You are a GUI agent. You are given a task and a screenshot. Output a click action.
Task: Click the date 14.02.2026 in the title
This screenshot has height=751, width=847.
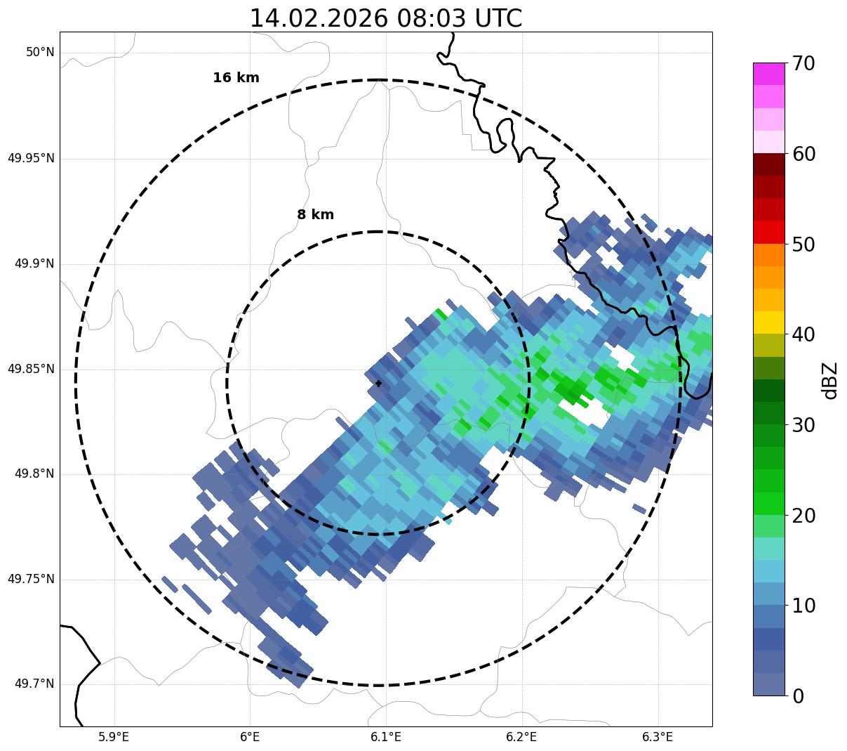coord(318,18)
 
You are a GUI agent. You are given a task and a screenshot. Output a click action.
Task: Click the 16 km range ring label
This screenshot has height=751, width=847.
coord(236,78)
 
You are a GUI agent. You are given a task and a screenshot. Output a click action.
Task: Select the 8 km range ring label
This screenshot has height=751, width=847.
coord(315,215)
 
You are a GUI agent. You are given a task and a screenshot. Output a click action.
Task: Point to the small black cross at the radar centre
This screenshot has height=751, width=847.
coord(379,384)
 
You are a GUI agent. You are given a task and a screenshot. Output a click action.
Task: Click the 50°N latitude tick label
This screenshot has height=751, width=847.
coord(40,53)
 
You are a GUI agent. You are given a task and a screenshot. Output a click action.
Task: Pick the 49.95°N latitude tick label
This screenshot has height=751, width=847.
coord(31,158)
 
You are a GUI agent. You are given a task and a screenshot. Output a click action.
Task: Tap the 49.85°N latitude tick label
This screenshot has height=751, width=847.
coord(31,369)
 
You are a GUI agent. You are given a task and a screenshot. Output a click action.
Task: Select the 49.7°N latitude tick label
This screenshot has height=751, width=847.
coord(34,684)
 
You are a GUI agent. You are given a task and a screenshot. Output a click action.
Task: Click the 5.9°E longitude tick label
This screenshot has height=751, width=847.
coord(114,737)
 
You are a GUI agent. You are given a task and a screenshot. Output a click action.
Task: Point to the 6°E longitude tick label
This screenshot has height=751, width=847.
coord(250,737)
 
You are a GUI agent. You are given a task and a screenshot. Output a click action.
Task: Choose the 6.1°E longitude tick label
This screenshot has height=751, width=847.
coord(386,737)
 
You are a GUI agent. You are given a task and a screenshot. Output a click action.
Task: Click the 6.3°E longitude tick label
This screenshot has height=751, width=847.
coord(658,737)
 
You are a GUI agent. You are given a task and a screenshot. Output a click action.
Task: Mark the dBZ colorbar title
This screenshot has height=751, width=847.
coord(830,380)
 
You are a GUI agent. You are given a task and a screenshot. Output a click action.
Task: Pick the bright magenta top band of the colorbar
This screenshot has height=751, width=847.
coord(768,74)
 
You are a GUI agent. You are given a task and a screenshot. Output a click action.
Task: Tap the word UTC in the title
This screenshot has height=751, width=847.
coord(498,18)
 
